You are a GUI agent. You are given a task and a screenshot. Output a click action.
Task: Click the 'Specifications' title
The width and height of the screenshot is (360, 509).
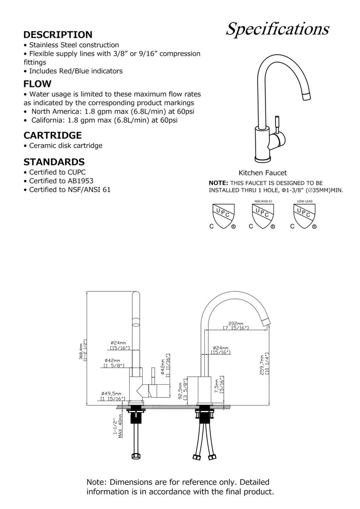click(277, 30)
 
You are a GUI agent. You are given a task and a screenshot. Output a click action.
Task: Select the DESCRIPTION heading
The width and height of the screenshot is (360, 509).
click(58, 35)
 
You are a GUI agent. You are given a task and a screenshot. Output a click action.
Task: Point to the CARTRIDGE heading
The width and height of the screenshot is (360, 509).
click(53, 135)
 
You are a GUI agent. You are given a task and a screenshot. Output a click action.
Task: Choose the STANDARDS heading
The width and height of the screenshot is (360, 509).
click(54, 162)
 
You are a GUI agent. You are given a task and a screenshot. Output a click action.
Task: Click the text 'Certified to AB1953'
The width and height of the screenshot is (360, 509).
click(61, 181)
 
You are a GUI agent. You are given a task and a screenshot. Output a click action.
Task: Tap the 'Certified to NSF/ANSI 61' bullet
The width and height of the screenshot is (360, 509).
click(70, 190)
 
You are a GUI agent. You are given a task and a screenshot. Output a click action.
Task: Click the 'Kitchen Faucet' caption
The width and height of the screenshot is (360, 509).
click(263, 172)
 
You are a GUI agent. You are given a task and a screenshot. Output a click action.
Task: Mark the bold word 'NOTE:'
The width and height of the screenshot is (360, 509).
click(218, 182)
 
